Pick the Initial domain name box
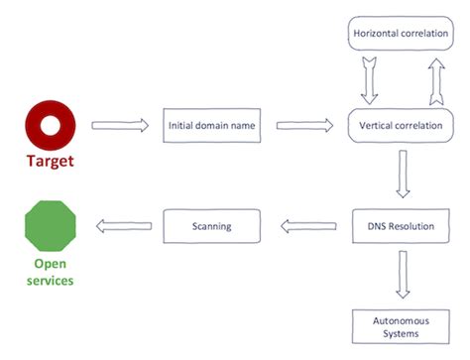pos(210,125)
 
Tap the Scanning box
pos(210,226)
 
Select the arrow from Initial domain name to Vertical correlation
pos(303,125)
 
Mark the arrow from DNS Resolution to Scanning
pos(303,226)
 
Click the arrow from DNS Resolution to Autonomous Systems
pos(402,275)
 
